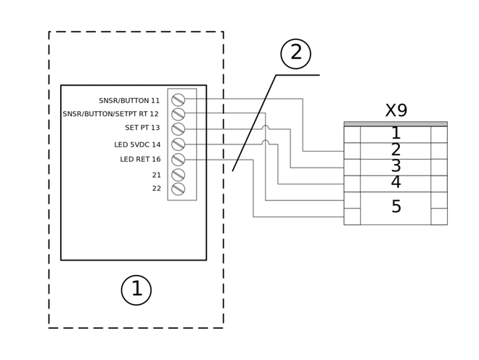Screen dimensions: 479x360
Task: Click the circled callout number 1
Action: point(136,290)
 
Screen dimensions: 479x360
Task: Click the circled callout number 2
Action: point(295,54)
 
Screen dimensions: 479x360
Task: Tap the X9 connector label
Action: point(396,110)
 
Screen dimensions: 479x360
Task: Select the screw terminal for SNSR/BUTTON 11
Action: point(178,99)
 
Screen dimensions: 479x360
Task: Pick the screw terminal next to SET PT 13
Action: point(178,129)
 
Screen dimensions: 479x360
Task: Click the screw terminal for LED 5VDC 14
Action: point(178,144)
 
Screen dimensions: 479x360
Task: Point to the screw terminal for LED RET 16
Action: point(178,160)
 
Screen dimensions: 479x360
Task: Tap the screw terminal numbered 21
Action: point(178,175)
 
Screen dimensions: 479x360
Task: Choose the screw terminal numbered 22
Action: point(178,189)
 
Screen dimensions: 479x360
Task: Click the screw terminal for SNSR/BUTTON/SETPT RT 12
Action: point(178,114)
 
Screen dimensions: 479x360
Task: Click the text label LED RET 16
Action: point(140,159)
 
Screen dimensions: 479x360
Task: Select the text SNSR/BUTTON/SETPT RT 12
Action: point(110,114)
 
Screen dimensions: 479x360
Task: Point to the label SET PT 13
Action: point(142,128)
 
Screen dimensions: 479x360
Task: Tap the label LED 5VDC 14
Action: point(137,144)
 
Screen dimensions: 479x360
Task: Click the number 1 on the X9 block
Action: point(396,133)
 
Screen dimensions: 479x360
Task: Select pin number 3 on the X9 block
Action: point(396,166)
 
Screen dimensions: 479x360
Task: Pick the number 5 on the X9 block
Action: point(396,207)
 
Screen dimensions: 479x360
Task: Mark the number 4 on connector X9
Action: point(396,182)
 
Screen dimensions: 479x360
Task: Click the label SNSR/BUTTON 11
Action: point(129,101)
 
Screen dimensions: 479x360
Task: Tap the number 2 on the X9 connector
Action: point(396,150)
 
